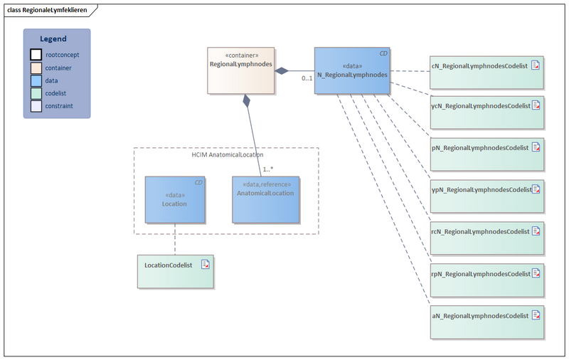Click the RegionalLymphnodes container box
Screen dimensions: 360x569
click(241, 70)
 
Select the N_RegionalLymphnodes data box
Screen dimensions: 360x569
click(352, 70)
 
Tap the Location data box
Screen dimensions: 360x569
click(174, 200)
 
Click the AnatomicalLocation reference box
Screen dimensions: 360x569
click(265, 200)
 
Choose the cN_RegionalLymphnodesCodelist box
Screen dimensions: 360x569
click(487, 71)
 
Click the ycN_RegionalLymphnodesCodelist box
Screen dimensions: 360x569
click(487, 113)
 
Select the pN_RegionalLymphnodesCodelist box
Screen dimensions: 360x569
click(487, 155)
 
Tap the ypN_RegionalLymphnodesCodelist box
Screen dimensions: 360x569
click(487, 197)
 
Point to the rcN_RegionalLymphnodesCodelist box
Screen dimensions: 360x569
click(487, 239)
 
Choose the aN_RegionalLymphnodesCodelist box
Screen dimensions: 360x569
click(487, 322)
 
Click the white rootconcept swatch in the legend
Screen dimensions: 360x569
click(36, 54)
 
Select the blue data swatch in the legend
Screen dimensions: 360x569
click(36, 80)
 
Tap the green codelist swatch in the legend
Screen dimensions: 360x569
click(36, 93)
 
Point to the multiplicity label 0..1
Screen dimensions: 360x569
click(307, 78)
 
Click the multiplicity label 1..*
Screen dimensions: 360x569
click(268, 169)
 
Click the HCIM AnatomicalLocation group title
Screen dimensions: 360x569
click(227, 154)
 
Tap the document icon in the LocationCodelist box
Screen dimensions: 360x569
click(205, 265)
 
